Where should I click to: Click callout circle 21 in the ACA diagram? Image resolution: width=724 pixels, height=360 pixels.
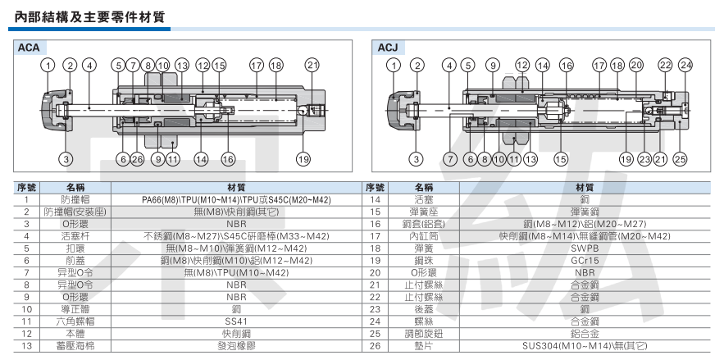312,65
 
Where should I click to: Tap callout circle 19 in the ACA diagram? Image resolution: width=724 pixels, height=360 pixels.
304,159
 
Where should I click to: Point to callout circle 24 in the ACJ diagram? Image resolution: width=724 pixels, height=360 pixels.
685,65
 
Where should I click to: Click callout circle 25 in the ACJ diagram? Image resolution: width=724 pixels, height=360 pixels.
679,159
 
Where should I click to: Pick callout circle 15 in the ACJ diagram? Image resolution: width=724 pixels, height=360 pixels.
561,159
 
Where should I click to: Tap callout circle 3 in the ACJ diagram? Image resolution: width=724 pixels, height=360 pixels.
417,159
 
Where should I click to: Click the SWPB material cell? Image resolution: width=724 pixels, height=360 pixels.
584,247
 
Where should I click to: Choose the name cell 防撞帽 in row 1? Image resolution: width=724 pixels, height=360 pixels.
75,198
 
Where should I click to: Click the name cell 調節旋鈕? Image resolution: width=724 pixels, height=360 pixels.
425,334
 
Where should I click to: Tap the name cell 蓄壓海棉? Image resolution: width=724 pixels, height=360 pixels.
75,346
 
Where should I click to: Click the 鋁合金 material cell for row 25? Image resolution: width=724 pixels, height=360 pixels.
584,334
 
